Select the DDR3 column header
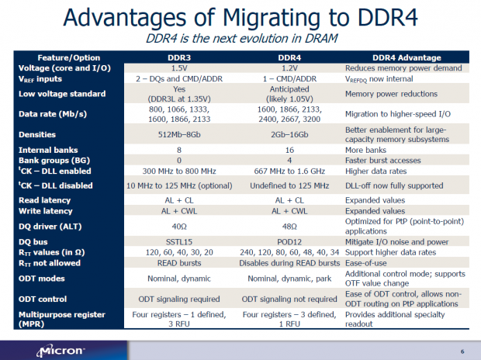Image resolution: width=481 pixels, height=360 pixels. click(x=180, y=58)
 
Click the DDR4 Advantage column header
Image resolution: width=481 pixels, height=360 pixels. click(x=407, y=58)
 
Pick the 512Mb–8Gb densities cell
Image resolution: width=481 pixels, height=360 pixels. click(x=180, y=133)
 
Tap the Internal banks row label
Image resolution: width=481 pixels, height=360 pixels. click(x=47, y=149)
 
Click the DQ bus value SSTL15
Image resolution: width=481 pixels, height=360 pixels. click(x=180, y=242)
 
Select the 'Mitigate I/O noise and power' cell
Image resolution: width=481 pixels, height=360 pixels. click(x=396, y=242)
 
